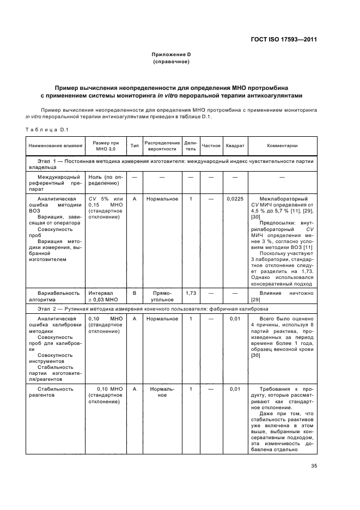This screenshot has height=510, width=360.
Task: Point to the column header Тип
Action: tap(134, 146)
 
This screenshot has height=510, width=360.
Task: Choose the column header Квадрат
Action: tap(235, 146)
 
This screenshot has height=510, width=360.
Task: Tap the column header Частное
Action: tap(211, 146)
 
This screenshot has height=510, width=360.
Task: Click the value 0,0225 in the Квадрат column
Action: tap(235, 199)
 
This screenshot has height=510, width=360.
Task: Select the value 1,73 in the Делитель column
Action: tap(191, 293)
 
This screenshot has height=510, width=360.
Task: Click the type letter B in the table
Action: tap(134, 293)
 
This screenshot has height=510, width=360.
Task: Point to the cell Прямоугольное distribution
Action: tap(162, 296)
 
